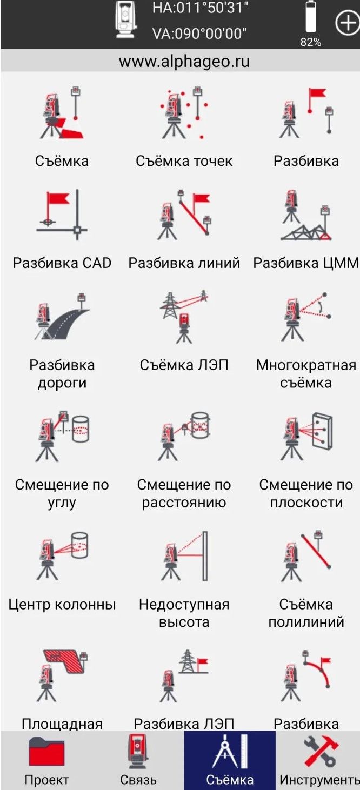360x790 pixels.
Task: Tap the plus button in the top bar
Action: click(x=348, y=23)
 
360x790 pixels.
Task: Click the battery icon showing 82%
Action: click(x=311, y=18)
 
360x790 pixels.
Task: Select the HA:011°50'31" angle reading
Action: click(x=200, y=8)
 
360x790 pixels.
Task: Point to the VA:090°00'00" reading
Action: click(x=199, y=34)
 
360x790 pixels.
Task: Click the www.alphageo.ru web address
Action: click(x=184, y=62)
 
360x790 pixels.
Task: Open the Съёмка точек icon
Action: click(x=184, y=113)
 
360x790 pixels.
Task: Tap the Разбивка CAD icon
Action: click(x=62, y=215)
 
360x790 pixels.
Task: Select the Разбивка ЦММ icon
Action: click(x=306, y=215)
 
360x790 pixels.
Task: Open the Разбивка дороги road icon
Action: click(x=62, y=316)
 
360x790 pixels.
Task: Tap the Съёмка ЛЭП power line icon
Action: click(x=184, y=316)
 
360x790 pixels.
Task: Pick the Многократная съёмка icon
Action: click(x=306, y=316)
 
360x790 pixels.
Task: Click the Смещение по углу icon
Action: click(x=62, y=436)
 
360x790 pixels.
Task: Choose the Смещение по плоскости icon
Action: click(x=306, y=436)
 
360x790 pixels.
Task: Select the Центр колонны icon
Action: click(x=62, y=556)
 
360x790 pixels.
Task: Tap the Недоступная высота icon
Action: click(x=184, y=556)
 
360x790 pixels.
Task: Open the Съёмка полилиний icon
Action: click(x=306, y=556)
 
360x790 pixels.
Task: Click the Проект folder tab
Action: click(x=46, y=760)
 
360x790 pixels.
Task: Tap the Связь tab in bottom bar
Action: click(x=138, y=760)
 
